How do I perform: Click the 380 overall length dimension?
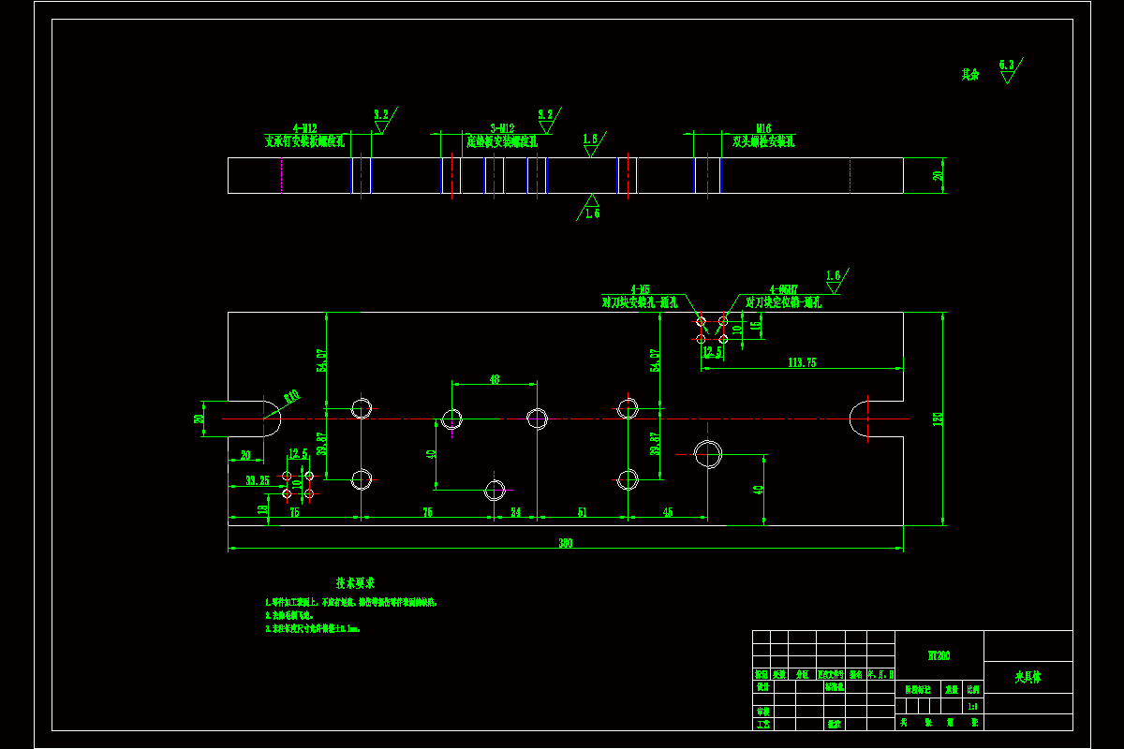click(x=566, y=543)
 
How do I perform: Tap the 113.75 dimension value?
click(x=802, y=362)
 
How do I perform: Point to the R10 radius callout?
click(x=291, y=397)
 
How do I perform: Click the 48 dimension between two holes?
click(x=495, y=379)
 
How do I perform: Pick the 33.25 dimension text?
click(x=258, y=480)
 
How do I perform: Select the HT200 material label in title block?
click(x=939, y=656)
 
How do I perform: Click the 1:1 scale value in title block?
click(x=973, y=707)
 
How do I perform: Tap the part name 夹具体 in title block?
click(x=1028, y=676)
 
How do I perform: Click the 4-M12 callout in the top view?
click(x=304, y=128)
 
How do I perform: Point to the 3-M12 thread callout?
click(x=502, y=128)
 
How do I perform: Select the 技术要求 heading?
click(x=356, y=582)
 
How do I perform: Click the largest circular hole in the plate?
click(x=708, y=454)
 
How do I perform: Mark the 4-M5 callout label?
click(x=641, y=290)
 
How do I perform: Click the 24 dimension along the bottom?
click(x=515, y=512)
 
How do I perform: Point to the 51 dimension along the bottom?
click(x=582, y=512)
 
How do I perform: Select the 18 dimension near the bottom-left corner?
click(x=261, y=509)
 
